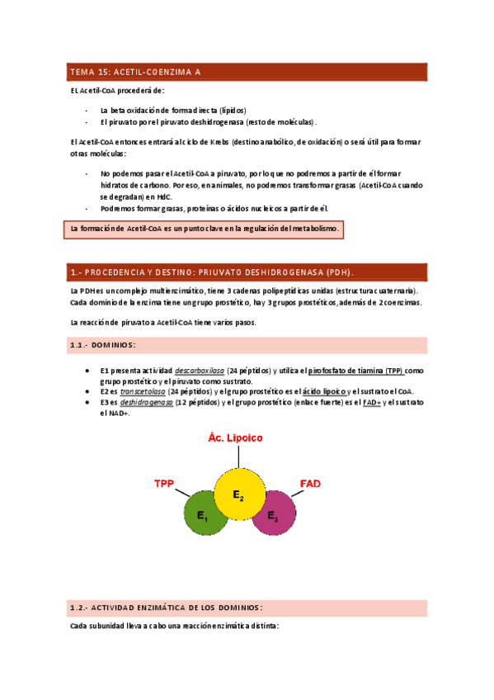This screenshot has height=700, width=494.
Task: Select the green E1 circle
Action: (x=202, y=515)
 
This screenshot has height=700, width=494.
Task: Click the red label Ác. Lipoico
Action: (x=235, y=438)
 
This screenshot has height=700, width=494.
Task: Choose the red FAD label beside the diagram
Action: (x=310, y=482)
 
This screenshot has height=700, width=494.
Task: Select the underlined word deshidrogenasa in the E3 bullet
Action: (x=147, y=402)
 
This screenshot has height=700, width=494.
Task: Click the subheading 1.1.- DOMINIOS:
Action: (x=103, y=344)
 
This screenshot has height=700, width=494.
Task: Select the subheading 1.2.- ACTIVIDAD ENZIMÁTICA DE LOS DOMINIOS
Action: (x=166, y=608)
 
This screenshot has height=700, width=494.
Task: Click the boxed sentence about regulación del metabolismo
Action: (x=203, y=228)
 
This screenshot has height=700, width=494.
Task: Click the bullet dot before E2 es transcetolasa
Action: (x=87, y=391)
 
